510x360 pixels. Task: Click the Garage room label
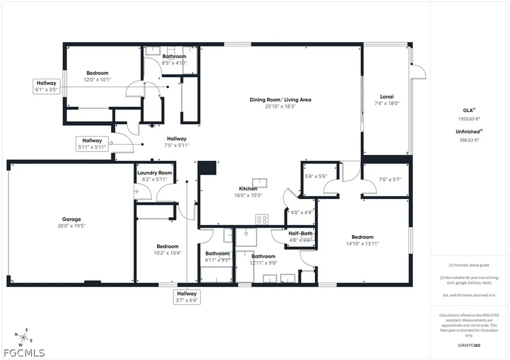tap(71, 219)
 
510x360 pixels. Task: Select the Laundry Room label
tap(155, 173)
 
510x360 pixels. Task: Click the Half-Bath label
tap(300, 233)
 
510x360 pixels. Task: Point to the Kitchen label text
tap(248, 189)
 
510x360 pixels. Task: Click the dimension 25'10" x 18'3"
tap(280, 106)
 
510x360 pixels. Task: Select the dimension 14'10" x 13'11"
tap(362, 243)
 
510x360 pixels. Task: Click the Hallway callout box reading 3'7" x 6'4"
tap(187, 297)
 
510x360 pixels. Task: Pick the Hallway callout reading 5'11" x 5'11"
tap(92, 144)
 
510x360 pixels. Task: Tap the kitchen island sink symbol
tap(259, 182)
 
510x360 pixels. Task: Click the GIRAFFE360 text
tap(470, 345)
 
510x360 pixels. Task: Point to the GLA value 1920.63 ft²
tap(469, 119)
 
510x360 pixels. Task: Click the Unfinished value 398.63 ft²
tap(469, 140)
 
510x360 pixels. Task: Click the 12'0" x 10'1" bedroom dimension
tap(97, 79)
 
